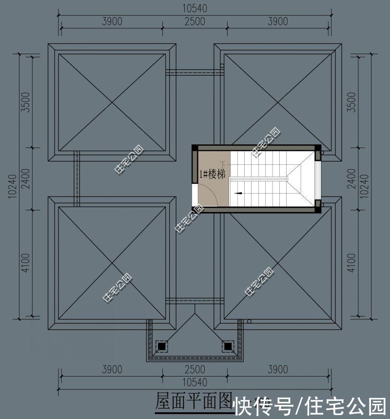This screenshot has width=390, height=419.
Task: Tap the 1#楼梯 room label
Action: click(213, 174)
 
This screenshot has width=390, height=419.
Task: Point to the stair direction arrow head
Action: click(237, 193)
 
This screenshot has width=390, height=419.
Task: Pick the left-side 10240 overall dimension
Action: click(11, 185)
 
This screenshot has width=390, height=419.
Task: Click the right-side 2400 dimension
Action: click(351, 179)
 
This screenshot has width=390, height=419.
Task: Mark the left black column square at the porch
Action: click(160, 346)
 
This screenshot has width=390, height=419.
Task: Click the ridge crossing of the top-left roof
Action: click(112, 102)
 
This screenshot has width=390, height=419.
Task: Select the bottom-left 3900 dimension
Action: click(112, 369)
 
